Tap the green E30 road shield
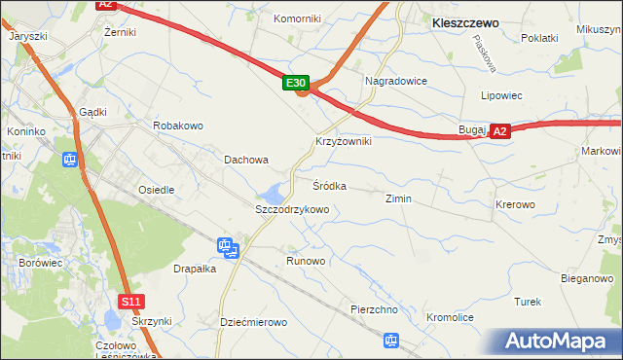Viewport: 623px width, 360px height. [297, 85]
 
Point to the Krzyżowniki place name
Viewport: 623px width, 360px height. [343, 141]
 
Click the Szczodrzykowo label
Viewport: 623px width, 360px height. [292, 209]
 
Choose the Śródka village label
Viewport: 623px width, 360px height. [329, 185]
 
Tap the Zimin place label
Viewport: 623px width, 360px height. [398, 199]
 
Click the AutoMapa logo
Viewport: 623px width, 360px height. [559, 342]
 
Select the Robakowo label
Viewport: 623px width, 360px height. [177, 126]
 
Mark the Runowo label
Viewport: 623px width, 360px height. [306, 262]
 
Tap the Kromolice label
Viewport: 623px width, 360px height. [449, 318]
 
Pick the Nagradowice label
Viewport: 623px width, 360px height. [396, 81]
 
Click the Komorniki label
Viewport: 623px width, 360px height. [297, 18]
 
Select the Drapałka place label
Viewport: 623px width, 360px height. [194, 269]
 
